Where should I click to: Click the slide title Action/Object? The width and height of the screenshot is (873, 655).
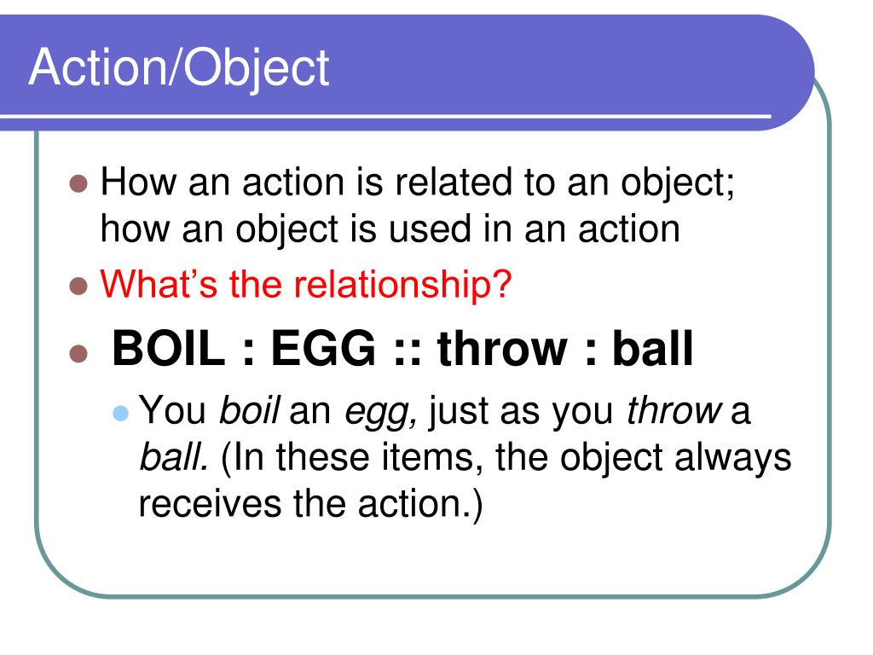(x=179, y=68)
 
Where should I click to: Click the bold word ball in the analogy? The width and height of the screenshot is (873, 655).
(x=653, y=349)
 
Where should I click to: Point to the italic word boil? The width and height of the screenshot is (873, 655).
(x=251, y=413)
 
